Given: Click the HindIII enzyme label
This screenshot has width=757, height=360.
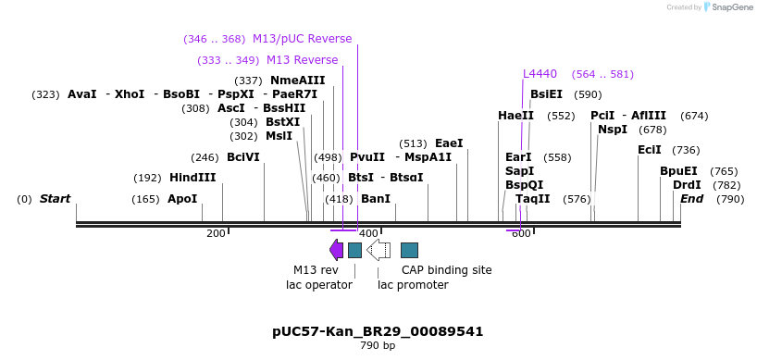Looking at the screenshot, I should [x=192, y=178].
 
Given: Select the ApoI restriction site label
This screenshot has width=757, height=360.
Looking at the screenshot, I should [x=182, y=199].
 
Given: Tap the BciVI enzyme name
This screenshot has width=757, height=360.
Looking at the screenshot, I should [x=243, y=157].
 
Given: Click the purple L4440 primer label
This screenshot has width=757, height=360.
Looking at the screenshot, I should [x=540, y=74].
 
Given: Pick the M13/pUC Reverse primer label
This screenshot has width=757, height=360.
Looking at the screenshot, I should [x=302, y=39].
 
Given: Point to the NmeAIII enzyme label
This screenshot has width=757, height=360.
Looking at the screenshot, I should [x=298, y=81].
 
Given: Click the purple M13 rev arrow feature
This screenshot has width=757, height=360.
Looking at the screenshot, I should [x=336, y=250].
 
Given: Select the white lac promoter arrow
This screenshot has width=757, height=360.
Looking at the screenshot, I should [x=378, y=250].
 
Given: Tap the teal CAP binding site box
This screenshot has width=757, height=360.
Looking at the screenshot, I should [x=409, y=250].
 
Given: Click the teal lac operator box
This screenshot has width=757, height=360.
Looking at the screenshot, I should [x=354, y=250].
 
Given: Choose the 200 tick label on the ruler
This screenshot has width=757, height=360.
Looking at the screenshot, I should [x=216, y=234].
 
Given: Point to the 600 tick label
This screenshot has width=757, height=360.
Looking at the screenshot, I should [x=521, y=234].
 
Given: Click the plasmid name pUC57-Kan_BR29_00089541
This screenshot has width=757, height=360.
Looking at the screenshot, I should [x=378, y=331].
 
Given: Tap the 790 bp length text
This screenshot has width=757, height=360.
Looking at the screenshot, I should [x=378, y=346].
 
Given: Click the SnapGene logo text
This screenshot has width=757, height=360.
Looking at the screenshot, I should [x=729, y=7].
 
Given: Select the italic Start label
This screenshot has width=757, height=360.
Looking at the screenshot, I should [x=55, y=199].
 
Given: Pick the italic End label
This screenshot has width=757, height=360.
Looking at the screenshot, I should [x=692, y=199].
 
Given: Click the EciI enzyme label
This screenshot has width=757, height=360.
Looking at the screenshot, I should [x=650, y=150].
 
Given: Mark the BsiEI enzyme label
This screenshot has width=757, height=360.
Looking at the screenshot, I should [x=546, y=94].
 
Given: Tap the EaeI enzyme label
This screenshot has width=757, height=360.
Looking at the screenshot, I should [x=449, y=143].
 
